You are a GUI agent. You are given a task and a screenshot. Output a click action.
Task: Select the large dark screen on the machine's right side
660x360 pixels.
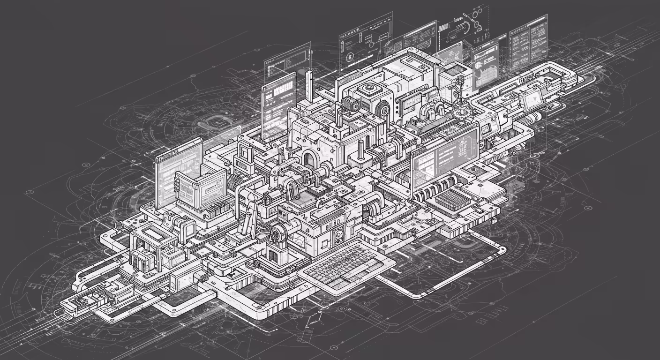(444, 157)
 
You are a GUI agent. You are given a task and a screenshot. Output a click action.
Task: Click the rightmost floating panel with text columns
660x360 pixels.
(528, 43)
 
